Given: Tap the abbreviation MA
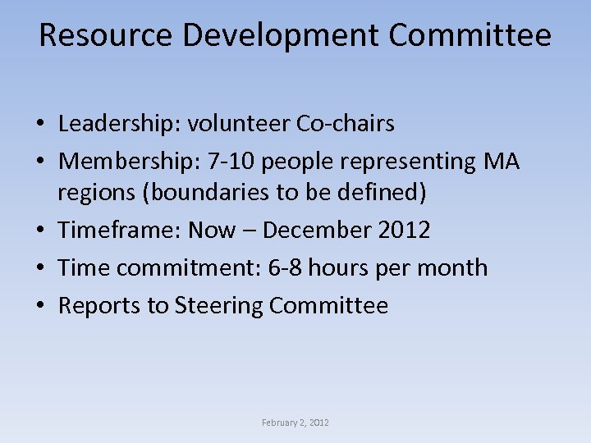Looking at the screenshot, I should tap(502, 162).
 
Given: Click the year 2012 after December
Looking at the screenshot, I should tap(405, 231).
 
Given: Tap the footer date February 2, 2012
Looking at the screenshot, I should tap(295, 422).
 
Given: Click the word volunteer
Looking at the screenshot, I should tap(239, 124).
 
